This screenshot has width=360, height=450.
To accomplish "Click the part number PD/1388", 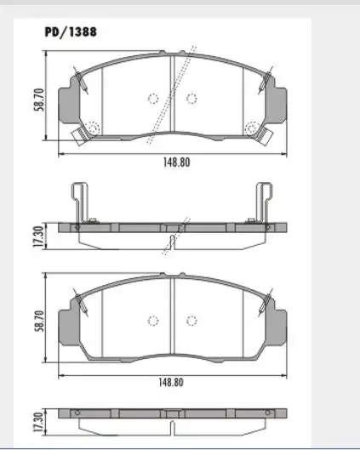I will pos(70,31).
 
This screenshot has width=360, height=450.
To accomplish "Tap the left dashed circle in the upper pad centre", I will pos(153,98).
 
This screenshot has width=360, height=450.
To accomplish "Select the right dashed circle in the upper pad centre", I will pos(191,98).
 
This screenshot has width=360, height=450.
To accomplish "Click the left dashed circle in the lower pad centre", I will pos(153,320).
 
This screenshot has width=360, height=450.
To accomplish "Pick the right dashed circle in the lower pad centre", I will pos(191,320).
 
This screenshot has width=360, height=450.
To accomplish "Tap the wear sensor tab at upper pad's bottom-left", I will pos(82,132).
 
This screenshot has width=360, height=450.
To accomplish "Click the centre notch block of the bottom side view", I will pos(173,413).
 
